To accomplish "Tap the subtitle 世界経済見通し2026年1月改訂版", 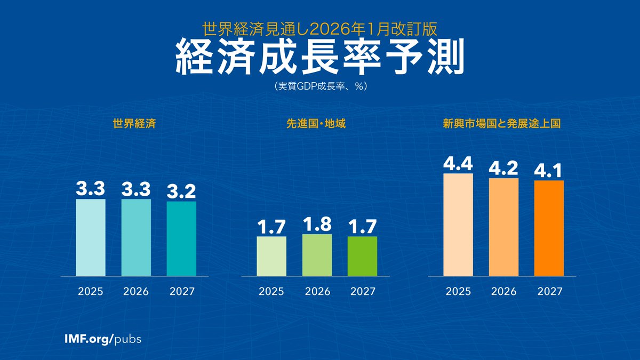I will point(319,26).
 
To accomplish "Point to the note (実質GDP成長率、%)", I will point(319,85).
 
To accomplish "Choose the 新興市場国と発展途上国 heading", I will point(501,124).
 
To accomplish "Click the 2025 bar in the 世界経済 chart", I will point(91,237).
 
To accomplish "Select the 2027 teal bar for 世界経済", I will point(181,238).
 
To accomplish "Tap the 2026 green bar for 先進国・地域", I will point(317,255).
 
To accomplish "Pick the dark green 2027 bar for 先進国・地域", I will point(362,256).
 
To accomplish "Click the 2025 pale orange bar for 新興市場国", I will point(458,225).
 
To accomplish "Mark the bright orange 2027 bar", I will point(549,228).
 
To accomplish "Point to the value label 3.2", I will point(181,191).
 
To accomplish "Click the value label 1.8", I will point(317,224).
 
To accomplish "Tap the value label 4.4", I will point(458,163).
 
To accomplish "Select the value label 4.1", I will point(549,171).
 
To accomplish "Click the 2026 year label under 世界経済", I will point(136,292).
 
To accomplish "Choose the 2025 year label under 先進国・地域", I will point(271,292).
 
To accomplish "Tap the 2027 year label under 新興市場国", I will point(549,292).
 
